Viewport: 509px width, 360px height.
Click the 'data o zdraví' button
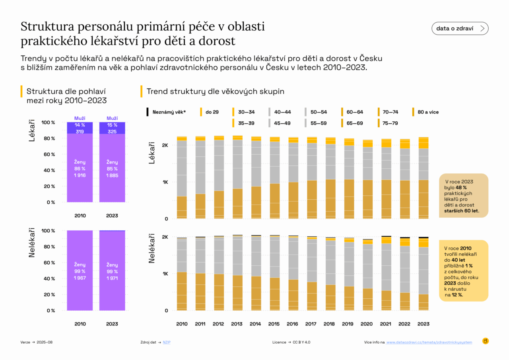[460, 28]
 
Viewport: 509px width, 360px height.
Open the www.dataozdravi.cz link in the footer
[429, 342]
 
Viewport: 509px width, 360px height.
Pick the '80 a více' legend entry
[428, 112]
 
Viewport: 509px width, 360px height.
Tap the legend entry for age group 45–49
[282, 123]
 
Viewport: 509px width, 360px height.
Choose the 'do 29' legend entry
[212, 112]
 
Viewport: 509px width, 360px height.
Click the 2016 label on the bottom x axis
[292, 324]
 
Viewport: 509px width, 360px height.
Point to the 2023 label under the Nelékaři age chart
[423, 324]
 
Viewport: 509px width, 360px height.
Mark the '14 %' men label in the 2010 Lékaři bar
[80, 125]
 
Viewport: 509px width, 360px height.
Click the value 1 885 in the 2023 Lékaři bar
[112, 175]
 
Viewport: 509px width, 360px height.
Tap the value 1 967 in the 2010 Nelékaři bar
[80, 278]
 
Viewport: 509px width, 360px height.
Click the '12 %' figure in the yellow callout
[457, 295]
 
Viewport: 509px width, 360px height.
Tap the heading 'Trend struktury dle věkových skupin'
[215, 91]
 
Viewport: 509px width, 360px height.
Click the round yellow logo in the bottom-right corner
[485, 341]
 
